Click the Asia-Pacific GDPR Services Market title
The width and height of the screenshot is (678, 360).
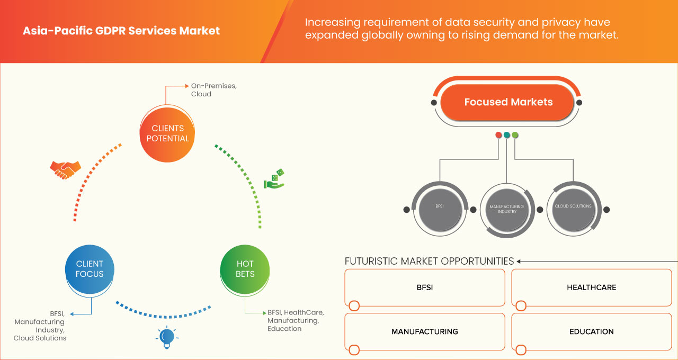click(121, 31)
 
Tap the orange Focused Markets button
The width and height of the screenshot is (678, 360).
click(508, 102)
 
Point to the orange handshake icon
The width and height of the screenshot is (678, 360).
click(65, 169)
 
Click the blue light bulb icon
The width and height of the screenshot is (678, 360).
click(167, 337)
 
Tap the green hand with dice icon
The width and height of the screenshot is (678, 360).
click(274, 179)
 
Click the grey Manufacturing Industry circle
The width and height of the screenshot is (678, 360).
click(506, 209)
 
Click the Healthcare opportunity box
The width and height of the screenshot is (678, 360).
click(591, 287)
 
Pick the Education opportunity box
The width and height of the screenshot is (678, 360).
click(591, 331)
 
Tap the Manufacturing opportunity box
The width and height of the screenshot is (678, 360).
click(424, 331)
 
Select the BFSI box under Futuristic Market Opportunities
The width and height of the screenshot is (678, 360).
click(424, 287)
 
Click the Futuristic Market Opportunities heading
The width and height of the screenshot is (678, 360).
click(429, 261)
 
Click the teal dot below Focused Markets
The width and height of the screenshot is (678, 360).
click(507, 135)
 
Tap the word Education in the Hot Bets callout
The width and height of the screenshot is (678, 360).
click(284, 329)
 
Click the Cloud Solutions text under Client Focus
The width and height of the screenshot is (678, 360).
click(40, 338)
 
